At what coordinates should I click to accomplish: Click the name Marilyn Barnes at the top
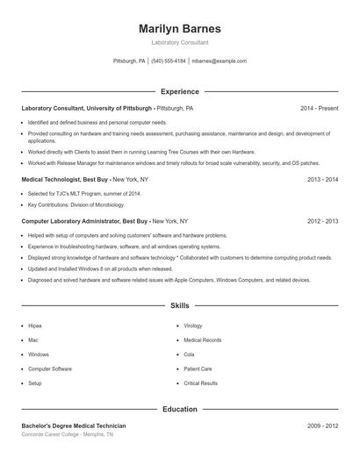coord(180,29)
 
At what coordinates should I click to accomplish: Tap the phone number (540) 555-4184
coord(169,61)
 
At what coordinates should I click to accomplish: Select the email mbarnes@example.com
coord(219,61)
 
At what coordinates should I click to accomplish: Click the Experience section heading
coord(180,91)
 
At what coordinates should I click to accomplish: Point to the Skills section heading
coord(180,306)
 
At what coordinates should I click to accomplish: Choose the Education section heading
coord(180,409)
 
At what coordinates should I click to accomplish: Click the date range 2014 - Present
coord(319,108)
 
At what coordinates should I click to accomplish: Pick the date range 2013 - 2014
coord(322,179)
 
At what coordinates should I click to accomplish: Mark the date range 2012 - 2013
coord(322,222)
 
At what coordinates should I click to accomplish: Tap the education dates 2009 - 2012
coord(322,426)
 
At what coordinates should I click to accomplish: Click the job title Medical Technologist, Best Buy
coord(65,179)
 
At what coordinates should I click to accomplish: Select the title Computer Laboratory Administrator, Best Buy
coord(85,222)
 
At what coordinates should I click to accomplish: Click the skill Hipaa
coord(35,325)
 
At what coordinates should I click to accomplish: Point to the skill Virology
coord(193,325)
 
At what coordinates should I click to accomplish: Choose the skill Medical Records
coord(202,340)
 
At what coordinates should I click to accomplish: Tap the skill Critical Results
coord(200,383)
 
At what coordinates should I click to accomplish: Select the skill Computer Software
coord(50,368)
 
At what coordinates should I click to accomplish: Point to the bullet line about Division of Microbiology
coord(84,204)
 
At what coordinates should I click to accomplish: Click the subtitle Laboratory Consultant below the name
coord(180,42)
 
